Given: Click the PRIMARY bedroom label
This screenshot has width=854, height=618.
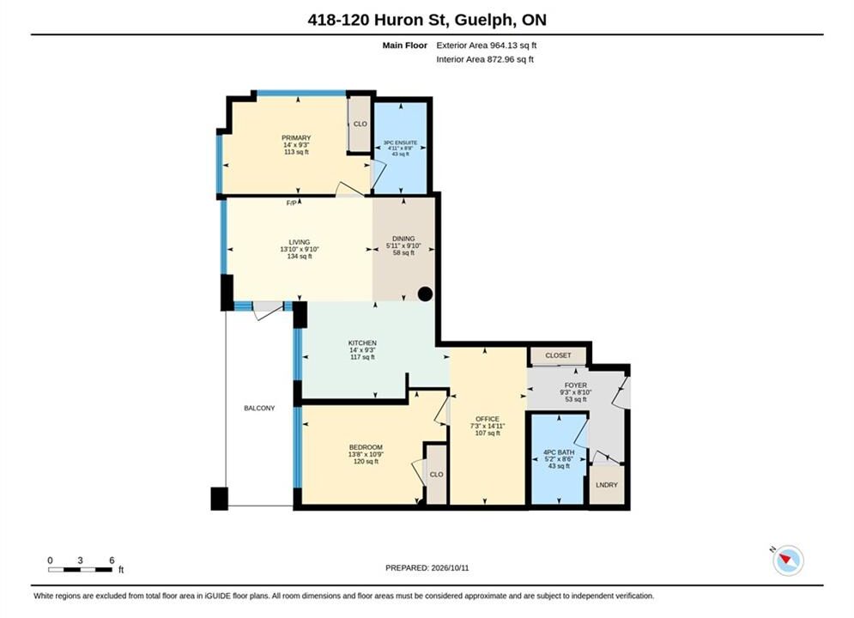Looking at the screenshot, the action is (296, 137).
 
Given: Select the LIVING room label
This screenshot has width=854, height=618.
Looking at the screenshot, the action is (299, 242).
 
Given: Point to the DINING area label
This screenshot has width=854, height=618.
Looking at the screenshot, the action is (403, 239).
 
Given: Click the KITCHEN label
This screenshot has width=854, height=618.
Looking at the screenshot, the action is (362, 343).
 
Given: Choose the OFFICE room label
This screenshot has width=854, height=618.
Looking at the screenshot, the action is (488, 419).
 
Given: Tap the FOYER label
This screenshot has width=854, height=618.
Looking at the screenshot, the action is (576, 385).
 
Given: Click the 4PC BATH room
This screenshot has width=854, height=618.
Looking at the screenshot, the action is (558, 459).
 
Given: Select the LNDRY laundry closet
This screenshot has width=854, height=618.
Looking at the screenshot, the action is (607, 485).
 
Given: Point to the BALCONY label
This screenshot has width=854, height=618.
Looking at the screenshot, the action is (259, 408).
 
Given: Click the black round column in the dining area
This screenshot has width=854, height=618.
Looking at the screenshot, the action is (425, 294).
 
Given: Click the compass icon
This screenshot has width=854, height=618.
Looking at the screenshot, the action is (788, 560).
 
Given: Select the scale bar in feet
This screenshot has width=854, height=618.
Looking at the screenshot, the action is (80, 570).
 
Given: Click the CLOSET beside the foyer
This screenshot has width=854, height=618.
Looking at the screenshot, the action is (558, 355).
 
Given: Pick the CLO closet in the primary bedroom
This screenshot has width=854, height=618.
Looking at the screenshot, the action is (360, 124).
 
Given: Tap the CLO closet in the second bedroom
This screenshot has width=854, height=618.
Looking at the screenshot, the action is (436, 475).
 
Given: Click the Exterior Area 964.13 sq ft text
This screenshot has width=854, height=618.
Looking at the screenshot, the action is (487, 45).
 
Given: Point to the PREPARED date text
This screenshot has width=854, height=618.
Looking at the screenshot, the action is (427, 567).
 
